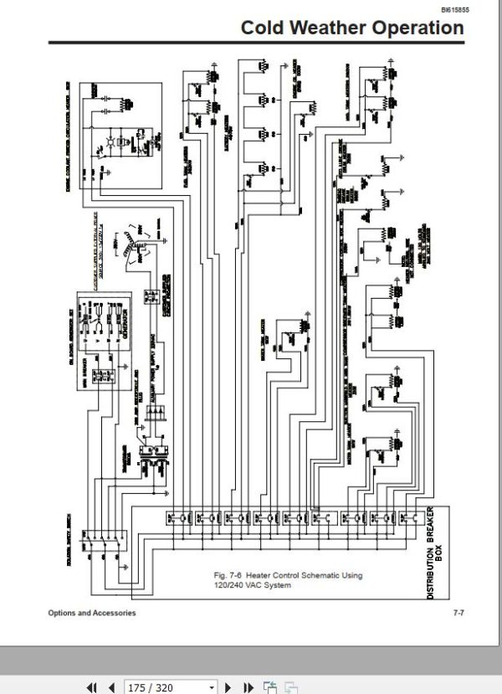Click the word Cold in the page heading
[x=262, y=28]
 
